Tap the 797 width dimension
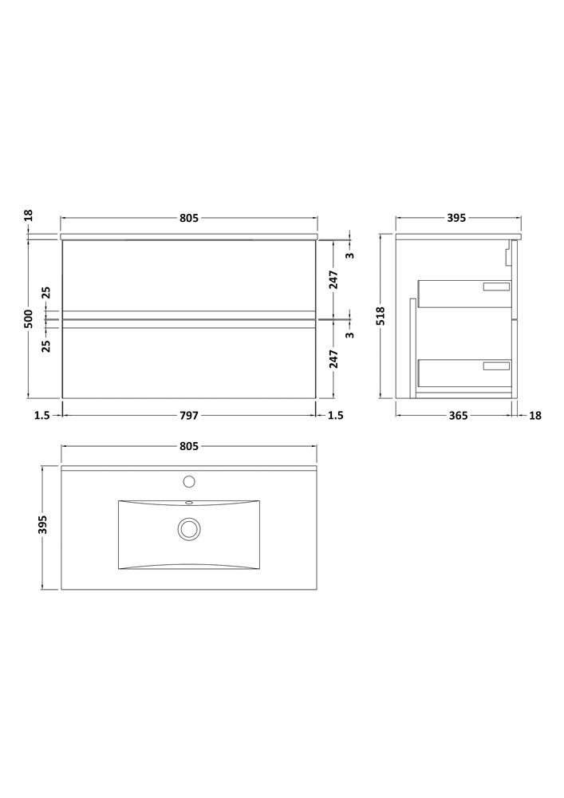pyautogui.click(x=188, y=416)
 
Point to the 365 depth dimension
pyautogui.click(x=458, y=416)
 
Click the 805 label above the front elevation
pyautogui.click(x=188, y=218)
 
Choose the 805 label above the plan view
pyautogui.click(x=188, y=446)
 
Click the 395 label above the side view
pyautogui.click(x=456, y=218)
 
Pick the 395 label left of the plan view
pyautogui.click(x=43, y=525)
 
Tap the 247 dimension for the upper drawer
pyautogui.click(x=334, y=280)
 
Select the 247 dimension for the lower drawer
pyautogui.click(x=334, y=359)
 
